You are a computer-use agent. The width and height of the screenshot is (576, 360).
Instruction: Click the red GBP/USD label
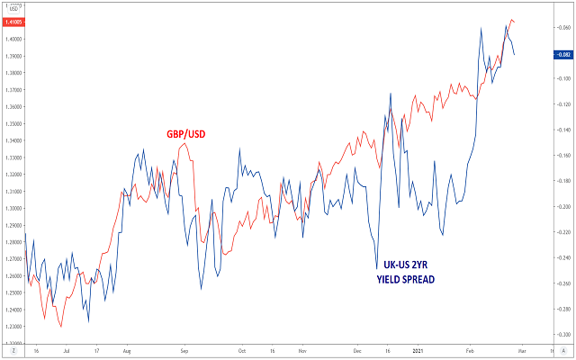pyautogui.click(x=185, y=134)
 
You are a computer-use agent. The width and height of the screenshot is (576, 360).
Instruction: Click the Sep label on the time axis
pyautogui.click(x=184, y=351)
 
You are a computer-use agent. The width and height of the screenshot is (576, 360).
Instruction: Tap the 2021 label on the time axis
pyautogui.click(x=415, y=351)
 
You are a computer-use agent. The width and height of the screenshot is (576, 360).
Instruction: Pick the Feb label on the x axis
pyautogui.click(x=471, y=351)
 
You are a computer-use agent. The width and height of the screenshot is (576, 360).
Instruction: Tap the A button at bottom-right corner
pyautogui.click(x=562, y=351)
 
